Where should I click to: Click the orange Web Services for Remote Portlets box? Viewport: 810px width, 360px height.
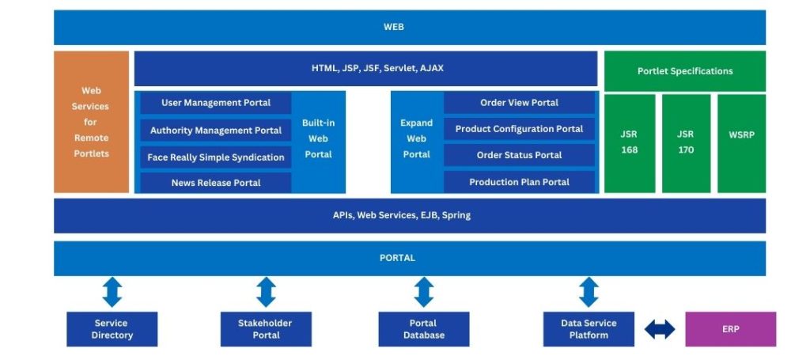tap(91, 122)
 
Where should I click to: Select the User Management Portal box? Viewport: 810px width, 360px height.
tap(215, 103)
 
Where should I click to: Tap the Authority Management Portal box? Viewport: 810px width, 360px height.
tap(215, 131)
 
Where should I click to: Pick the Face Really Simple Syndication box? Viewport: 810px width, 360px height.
tap(215, 157)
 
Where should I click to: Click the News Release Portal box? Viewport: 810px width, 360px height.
tap(215, 183)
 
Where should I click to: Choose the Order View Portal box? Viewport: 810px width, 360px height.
tap(519, 103)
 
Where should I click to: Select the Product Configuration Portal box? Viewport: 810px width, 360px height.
tap(519, 129)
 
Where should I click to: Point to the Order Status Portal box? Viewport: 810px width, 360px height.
tap(519, 155)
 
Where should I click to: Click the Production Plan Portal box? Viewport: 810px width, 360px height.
tap(519, 182)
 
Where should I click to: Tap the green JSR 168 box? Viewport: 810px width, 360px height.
tap(629, 143)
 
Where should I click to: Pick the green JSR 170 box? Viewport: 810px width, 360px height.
tap(686, 143)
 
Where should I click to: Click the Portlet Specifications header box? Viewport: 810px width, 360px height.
tap(685, 71)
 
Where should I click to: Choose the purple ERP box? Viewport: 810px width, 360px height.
tap(730, 329)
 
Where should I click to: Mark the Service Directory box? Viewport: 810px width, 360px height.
tap(112, 329)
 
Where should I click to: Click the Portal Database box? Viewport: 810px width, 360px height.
tap(424, 329)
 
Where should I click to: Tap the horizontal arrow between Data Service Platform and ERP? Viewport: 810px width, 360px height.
tap(660, 329)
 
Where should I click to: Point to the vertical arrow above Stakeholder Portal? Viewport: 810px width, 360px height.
tap(266, 292)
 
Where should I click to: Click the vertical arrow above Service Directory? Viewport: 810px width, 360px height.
tap(112, 292)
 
